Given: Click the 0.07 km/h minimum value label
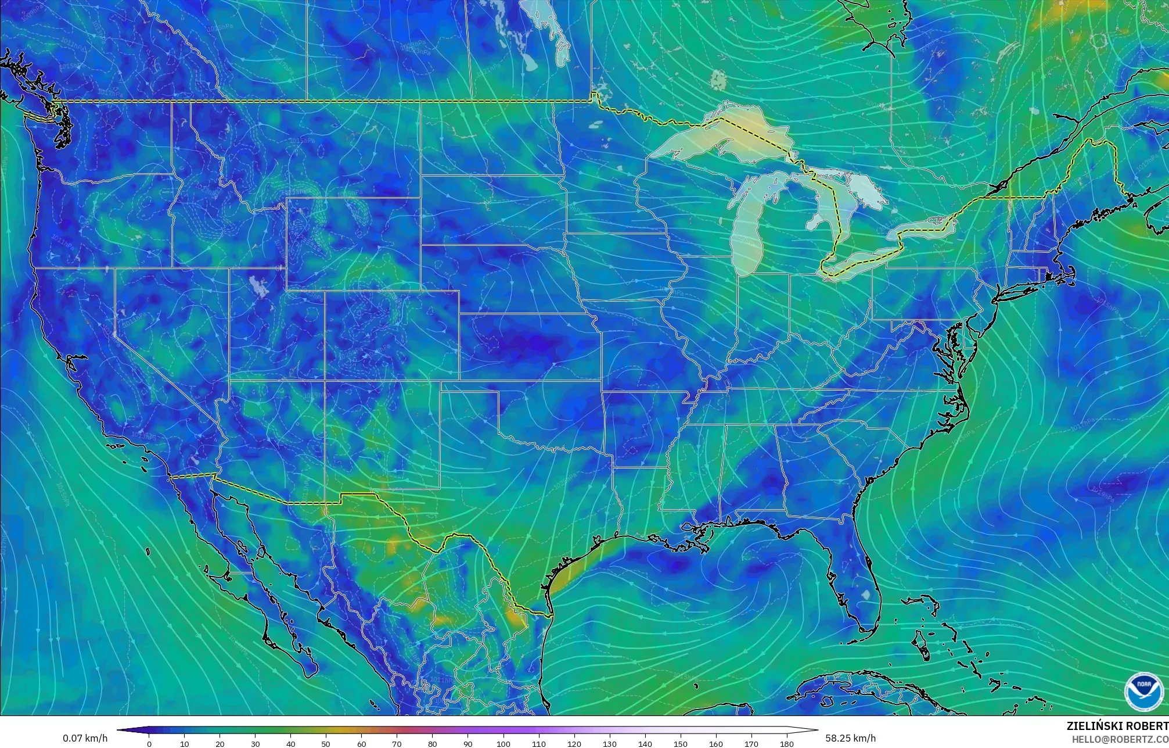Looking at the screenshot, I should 85,738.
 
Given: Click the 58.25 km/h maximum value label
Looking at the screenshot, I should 850,738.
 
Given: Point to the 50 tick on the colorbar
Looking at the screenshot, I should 326,743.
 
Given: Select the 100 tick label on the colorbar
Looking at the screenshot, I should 503,744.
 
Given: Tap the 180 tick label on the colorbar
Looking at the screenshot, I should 786,744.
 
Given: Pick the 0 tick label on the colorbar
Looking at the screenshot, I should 149,744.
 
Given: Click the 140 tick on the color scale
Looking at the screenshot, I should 645,743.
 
